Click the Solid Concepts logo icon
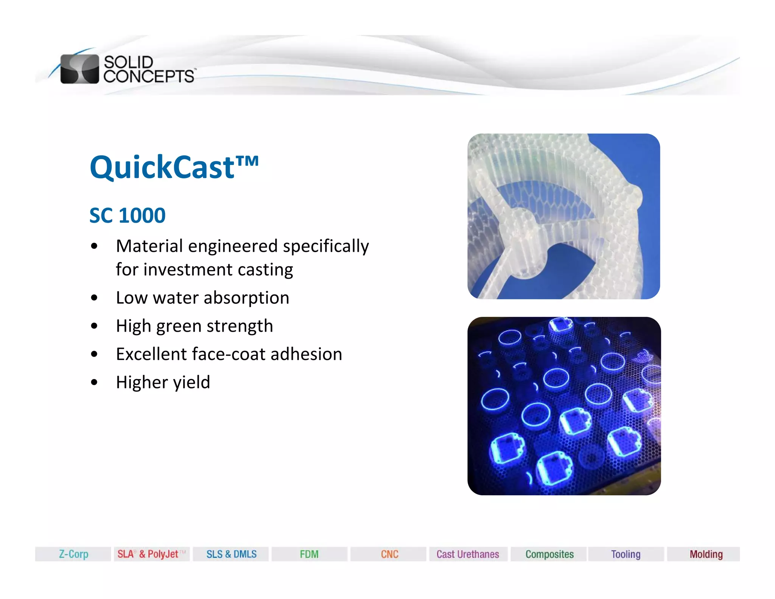(x=79, y=69)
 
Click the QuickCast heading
(x=174, y=167)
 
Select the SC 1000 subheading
(x=127, y=215)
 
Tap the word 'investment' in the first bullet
(x=188, y=270)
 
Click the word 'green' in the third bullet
(x=178, y=326)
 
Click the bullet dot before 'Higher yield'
(x=94, y=382)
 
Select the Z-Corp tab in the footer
(x=73, y=554)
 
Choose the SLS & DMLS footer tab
(x=231, y=554)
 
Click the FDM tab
(x=309, y=554)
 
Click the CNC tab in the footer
(x=389, y=554)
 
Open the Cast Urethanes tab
(x=468, y=554)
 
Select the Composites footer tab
(x=549, y=554)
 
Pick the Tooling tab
(x=626, y=554)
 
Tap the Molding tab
(x=706, y=554)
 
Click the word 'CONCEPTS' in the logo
(x=149, y=76)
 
